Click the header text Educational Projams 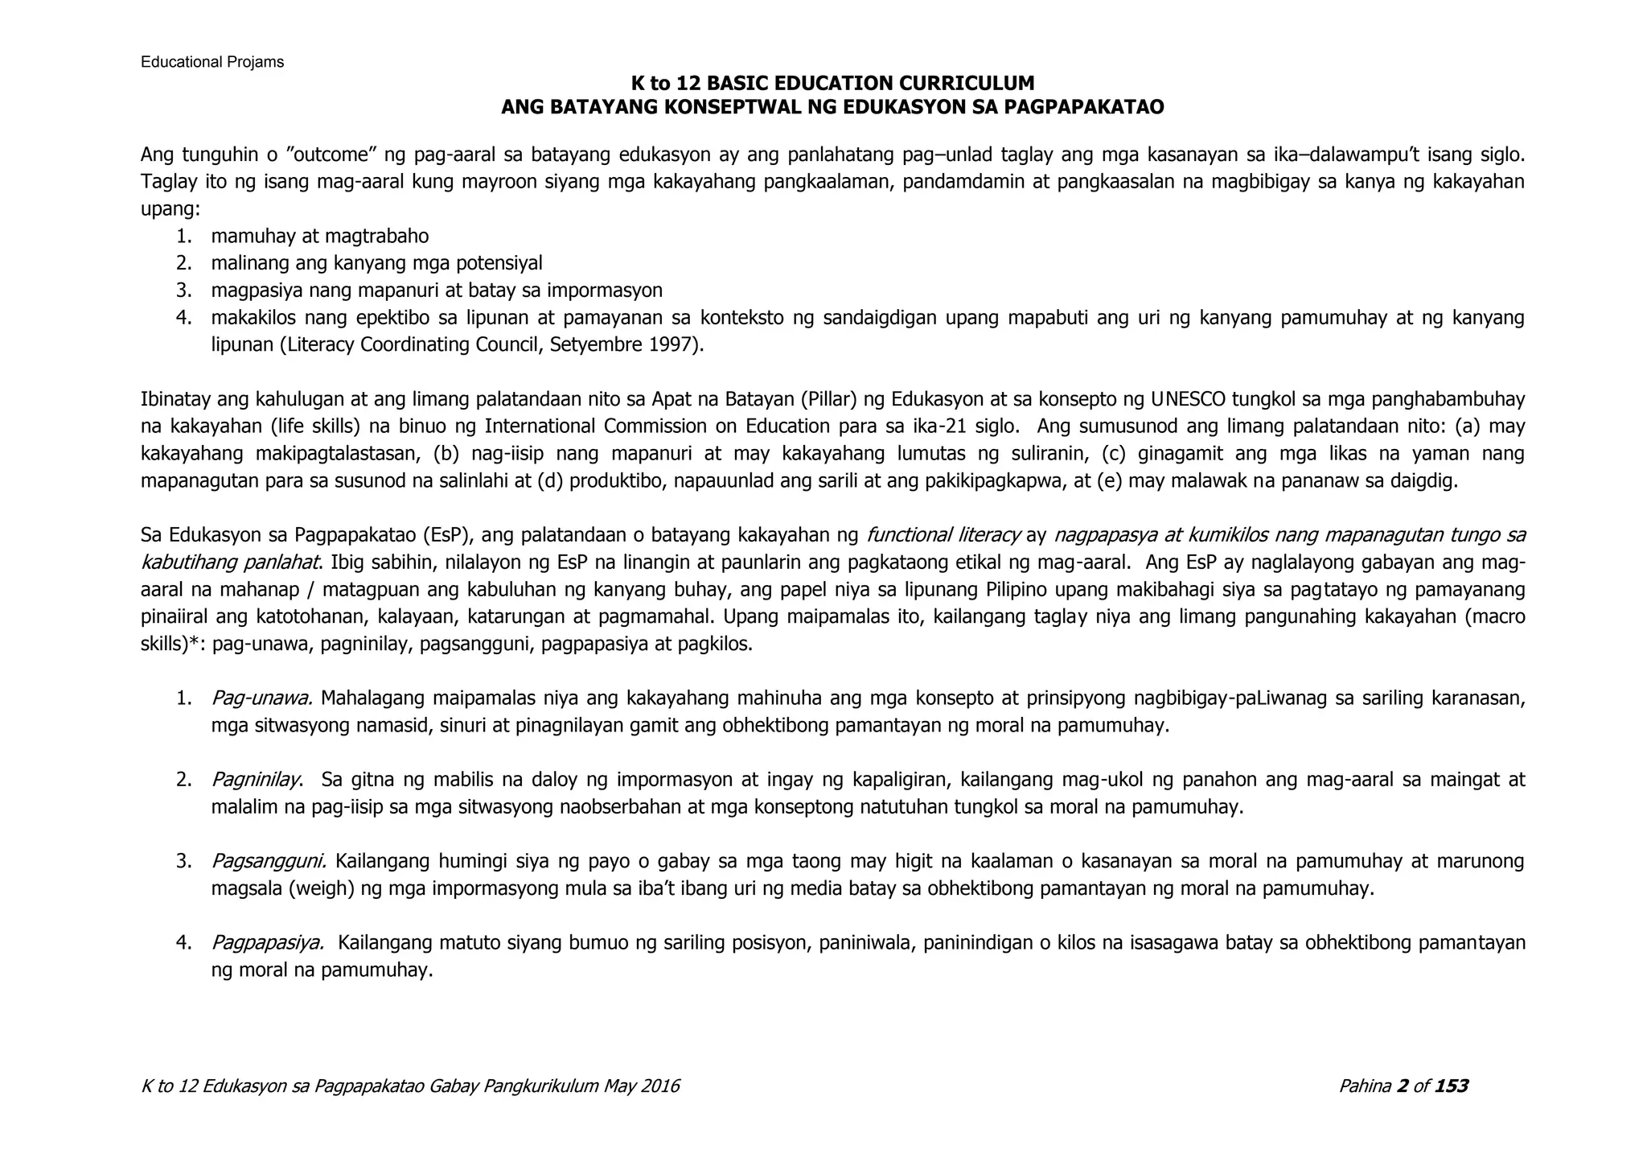point(212,62)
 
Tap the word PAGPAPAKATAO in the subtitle point(1083,107)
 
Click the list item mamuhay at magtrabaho point(319,237)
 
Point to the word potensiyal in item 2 point(499,263)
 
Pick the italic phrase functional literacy point(943,535)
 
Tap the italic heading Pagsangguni point(269,862)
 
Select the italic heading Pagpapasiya point(268,943)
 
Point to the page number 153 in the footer point(1451,1086)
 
